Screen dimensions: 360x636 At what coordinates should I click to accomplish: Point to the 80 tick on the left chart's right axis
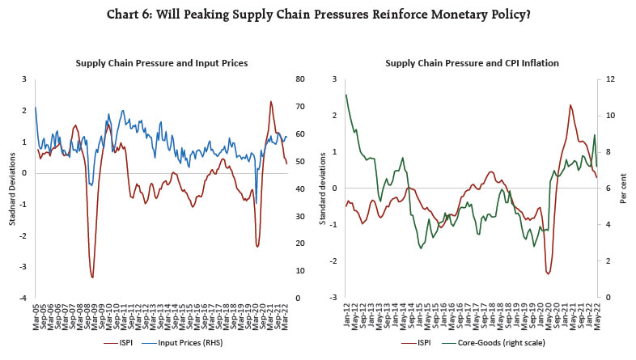300,79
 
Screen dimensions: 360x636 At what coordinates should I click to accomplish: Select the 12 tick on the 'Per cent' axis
612,79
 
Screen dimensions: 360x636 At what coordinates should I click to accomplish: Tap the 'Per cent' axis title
625,188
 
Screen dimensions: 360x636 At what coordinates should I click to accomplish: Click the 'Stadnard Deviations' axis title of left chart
11,188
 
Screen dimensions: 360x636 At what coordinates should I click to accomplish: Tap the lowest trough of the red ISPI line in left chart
92,277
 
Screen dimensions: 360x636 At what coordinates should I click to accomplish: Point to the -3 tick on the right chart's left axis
334,298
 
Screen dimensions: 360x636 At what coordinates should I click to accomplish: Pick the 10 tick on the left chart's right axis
300,270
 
